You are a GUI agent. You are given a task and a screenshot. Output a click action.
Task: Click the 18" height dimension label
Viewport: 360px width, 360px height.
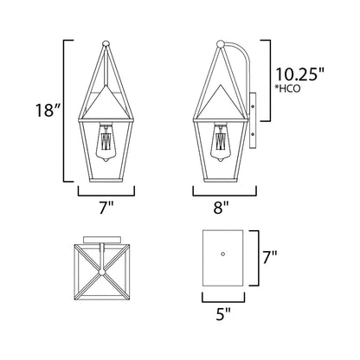(48, 110)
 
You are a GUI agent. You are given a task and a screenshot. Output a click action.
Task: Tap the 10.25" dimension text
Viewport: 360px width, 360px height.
(300, 74)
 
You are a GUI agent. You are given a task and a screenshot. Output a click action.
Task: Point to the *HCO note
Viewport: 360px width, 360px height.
(287, 88)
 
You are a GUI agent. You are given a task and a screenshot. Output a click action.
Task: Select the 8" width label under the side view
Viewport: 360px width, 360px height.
(222, 207)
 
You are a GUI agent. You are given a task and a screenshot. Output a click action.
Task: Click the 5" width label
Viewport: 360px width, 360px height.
(223, 314)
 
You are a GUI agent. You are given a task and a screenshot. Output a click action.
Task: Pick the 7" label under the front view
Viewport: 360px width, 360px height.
(106, 207)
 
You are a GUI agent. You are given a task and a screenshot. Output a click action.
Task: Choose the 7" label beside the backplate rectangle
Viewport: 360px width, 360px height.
(270, 257)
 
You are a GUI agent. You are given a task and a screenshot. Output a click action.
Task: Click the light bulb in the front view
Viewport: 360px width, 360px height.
(106, 142)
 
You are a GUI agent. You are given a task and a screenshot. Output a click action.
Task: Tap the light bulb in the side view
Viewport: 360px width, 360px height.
(222, 142)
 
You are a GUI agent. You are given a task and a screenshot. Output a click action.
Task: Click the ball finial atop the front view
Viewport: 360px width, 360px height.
(106, 44)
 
